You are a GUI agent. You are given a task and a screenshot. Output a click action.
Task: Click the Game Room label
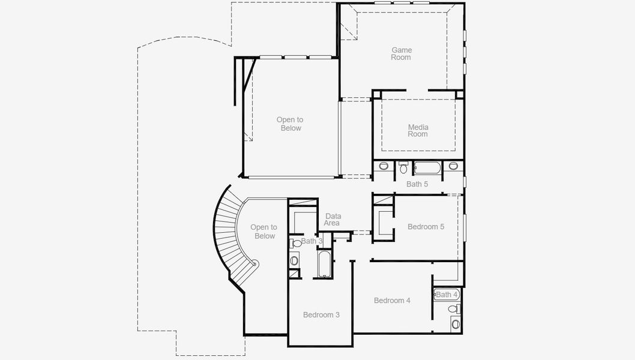click(x=402, y=54)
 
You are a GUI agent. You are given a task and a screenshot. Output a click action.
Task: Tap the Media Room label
click(x=418, y=130)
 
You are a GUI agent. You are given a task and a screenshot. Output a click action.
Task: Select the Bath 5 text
click(x=417, y=184)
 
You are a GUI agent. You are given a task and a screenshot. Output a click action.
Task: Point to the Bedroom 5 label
click(x=426, y=227)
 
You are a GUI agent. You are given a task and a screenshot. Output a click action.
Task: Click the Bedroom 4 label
click(x=392, y=301)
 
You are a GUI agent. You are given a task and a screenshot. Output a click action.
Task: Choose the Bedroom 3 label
click(x=321, y=315)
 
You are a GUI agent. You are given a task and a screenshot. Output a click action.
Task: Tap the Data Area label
click(x=333, y=220)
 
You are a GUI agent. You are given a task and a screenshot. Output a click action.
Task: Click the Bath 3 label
click(x=312, y=241)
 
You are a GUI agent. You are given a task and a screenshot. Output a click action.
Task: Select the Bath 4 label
click(x=447, y=295)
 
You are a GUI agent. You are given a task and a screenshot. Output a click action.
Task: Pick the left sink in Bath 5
click(x=384, y=166)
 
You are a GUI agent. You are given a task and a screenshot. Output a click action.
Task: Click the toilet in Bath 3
click(x=296, y=244)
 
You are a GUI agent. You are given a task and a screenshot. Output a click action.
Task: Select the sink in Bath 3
click(x=294, y=260)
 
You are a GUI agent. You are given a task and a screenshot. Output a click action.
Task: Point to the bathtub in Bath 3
click(x=324, y=264)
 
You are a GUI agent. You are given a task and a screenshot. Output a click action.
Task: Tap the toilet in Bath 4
click(x=456, y=309)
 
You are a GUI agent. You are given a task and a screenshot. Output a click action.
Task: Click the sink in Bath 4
click(x=456, y=324)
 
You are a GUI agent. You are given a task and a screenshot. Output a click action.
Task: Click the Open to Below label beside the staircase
click(x=263, y=232)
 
